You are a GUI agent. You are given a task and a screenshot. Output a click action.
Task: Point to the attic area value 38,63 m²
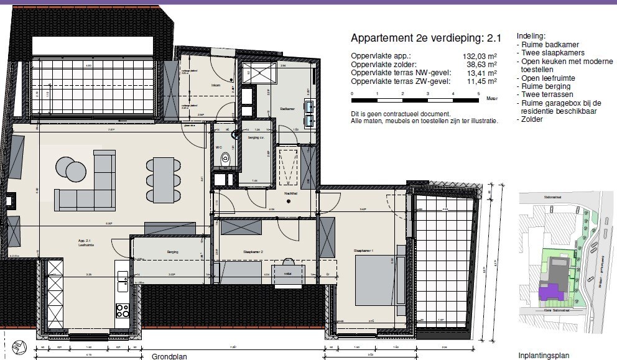click(483, 64)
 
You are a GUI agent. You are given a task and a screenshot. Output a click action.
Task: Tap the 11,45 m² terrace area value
click(483, 81)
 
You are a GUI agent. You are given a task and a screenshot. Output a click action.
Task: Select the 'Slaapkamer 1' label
click(363, 251)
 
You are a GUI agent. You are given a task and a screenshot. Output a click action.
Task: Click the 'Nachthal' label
click(290, 193)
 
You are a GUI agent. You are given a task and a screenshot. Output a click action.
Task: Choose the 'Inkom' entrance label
click(216, 85)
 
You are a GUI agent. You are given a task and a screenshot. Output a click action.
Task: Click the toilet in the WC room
click(225, 160)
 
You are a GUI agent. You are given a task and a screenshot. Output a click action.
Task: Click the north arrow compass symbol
click(19, 346)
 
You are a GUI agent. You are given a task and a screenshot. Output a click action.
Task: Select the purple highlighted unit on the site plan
click(547, 292)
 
